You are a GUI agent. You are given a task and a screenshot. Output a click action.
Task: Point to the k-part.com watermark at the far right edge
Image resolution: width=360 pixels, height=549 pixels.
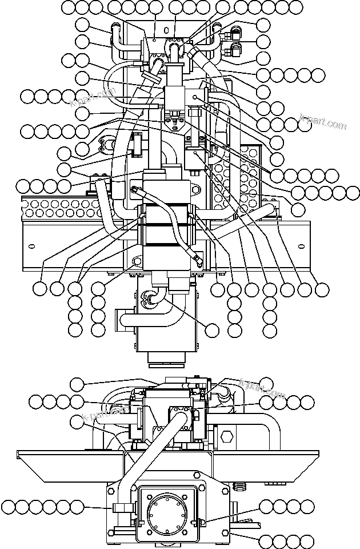tap(323, 122)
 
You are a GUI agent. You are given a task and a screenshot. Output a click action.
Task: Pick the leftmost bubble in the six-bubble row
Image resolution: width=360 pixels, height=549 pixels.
tap(7, 506)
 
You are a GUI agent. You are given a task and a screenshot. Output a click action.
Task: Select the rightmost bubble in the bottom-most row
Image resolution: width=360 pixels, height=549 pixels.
tap(309, 540)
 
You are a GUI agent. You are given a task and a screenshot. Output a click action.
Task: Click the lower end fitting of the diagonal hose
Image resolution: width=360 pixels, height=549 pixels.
tap(197, 262)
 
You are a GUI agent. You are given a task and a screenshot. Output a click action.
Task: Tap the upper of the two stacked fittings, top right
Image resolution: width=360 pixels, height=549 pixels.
tap(235, 33)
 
